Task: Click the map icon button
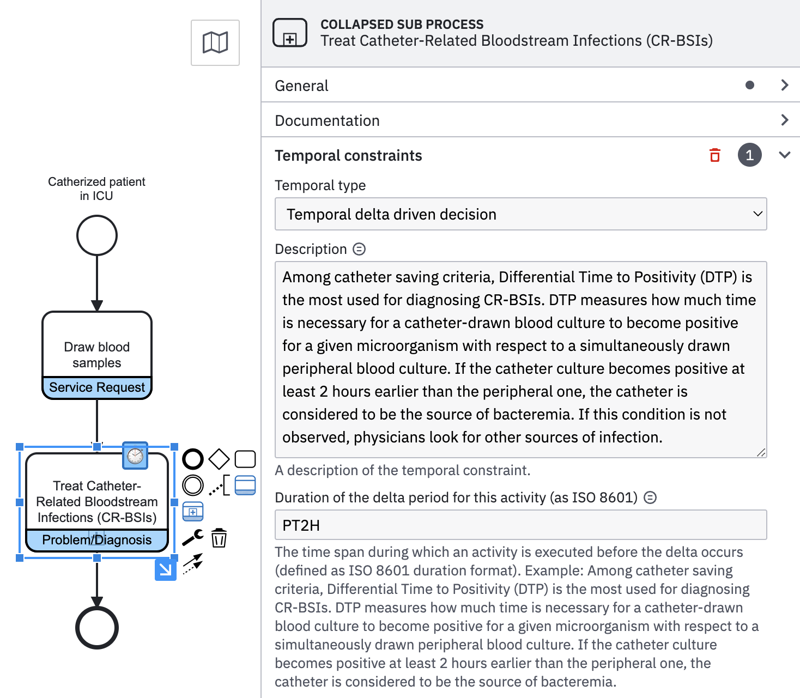tap(215, 43)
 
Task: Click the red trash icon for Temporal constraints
tap(715, 155)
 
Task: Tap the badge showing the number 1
tap(749, 155)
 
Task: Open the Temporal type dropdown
tap(520, 214)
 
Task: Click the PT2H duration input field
tap(520, 525)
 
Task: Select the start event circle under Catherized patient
tap(97, 235)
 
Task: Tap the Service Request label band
tap(97, 387)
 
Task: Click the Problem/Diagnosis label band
tap(97, 540)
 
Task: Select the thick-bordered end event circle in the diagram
tap(97, 628)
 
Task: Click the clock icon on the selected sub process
tap(135, 456)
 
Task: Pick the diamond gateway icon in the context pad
tap(219, 459)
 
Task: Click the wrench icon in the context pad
tap(192, 538)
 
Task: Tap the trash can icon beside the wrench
tap(219, 538)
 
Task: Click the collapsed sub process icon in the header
tap(290, 33)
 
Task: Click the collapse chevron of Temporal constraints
tap(785, 155)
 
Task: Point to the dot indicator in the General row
tap(750, 85)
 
